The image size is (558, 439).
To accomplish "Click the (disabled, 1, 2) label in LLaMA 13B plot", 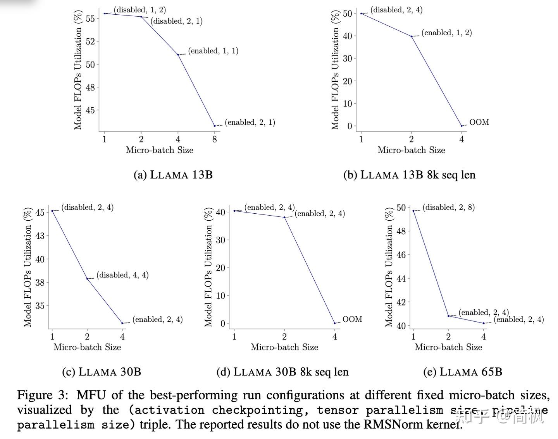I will pyautogui.click(x=140, y=10).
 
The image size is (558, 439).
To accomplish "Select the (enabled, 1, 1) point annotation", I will pyautogui.click(x=213, y=51).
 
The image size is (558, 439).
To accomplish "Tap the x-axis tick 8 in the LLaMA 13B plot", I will pyautogui.click(x=215, y=139).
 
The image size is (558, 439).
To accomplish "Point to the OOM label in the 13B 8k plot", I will pyautogui.click(x=479, y=122).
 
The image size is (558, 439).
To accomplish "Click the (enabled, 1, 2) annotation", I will pyautogui.click(x=447, y=33).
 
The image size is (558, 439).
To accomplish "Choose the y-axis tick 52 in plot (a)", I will pyautogui.click(x=90, y=41).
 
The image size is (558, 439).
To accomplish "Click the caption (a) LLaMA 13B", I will pyautogui.click(x=173, y=175).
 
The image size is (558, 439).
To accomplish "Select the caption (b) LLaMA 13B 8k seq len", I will pyautogui.click(x=409, y=175).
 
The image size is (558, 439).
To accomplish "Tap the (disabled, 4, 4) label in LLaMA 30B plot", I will pyautogui.click(x=122, y=275).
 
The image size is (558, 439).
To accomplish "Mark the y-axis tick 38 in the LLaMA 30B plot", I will pyautogui.click(x=40, y=282).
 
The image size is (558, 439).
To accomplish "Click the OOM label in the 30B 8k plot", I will pyautogui.click(x=352, y=319).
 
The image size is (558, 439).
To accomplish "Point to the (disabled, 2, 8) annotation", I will pyautogui.click(x=449, y=207).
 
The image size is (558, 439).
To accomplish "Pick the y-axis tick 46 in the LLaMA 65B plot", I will pyautogui.click(x=401, y=255).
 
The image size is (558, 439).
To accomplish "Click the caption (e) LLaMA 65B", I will pyautogui.click(x=463, y=372).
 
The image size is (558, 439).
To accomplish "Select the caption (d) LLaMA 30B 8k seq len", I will pyautogui.click(x=282, y=372).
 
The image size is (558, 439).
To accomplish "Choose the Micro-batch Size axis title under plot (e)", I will pyautogui.click(x=448, y=347).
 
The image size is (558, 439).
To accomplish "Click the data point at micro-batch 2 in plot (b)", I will pyautogui.click(x=412, y=36).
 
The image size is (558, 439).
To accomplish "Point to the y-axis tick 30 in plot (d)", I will pyautogui.click(x=220, y=240).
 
